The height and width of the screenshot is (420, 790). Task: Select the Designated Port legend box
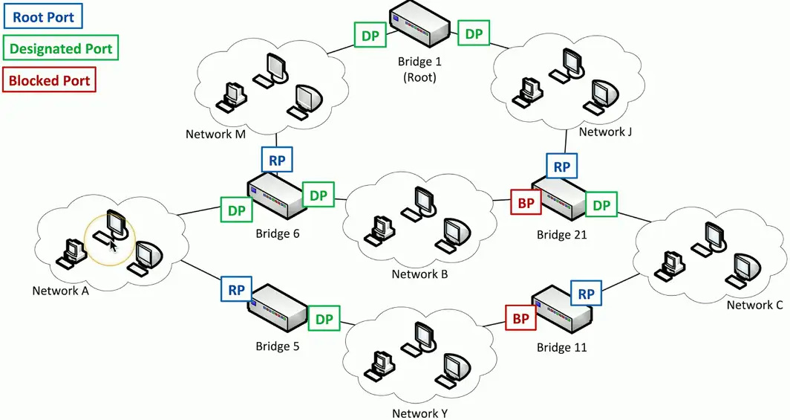point(61,48)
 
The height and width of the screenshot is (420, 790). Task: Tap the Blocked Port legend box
point(50,80)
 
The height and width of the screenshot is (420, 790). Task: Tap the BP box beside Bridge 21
point(526,201)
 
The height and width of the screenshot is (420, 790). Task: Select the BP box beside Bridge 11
point(520,318)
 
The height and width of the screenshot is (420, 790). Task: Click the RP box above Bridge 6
point(277,159)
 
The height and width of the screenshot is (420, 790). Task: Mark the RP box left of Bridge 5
point(236,290)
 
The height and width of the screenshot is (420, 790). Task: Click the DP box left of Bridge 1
point(369,35)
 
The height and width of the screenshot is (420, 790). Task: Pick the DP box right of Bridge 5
point(324,319)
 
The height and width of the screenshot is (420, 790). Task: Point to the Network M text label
point(216,135)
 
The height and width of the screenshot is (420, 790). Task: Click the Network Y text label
point(420,413)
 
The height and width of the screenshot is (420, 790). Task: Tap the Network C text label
point(754,305)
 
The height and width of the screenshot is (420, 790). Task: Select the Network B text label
point(420,274)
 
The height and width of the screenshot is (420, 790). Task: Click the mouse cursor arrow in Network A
point(114,246)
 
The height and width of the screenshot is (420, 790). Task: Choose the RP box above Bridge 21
point(562,167)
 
